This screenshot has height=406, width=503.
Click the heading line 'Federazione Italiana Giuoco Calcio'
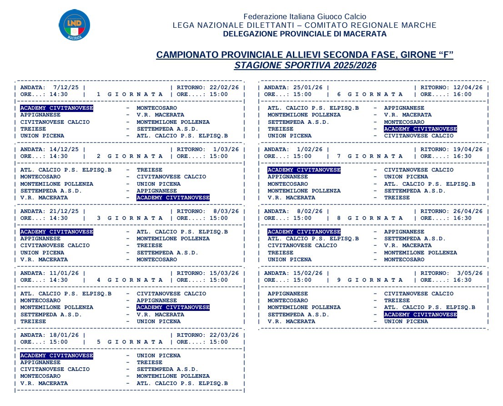(x=305, y=17)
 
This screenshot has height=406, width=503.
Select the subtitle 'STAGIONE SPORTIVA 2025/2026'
(x=305, y=66)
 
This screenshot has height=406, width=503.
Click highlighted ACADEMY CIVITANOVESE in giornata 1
(x=57, y=108)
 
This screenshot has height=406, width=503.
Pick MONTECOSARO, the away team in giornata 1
(x=157, y=108)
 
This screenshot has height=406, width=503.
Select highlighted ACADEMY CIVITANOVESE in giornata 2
(x=173, y=198)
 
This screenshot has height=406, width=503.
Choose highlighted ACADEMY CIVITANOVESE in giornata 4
(x=173, y=308)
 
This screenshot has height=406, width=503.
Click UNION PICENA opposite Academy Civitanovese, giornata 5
(x=159, y=355)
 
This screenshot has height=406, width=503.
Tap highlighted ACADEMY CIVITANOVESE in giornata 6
(x=421, y=129)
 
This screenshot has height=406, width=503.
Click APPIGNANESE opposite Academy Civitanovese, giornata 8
(x=404, y=232)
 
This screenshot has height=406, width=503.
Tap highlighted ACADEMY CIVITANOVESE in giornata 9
(x=421, y=315)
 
